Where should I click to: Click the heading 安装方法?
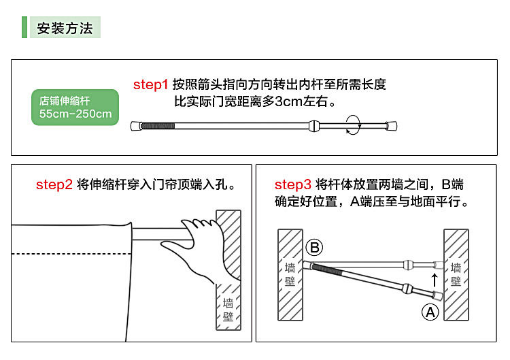click(x=64, y=28)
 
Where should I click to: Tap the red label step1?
click(x=150, y=85)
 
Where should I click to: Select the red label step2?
click(x=54, y=184)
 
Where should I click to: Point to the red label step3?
click(x=293, y=184)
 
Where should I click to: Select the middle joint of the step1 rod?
click(x=313, y=126)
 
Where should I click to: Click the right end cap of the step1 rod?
click(x=390, y=126)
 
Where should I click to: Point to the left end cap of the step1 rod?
click(x=135, y=126)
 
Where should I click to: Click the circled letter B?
click(x=313, y=248)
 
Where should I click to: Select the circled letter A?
click(x=430, y=312)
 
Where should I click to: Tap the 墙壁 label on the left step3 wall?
click(x=290, y=275)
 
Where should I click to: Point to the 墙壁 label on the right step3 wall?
click(x=456, y=275)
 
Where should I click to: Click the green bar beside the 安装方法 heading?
click(x=24, y=28)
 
